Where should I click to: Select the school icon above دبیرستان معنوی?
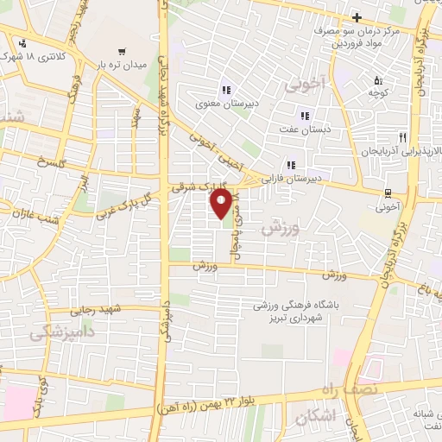[227, 90]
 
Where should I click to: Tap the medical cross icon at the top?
[356, 17]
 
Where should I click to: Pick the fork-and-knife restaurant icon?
[401, 137]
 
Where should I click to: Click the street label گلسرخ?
[51, 163]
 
